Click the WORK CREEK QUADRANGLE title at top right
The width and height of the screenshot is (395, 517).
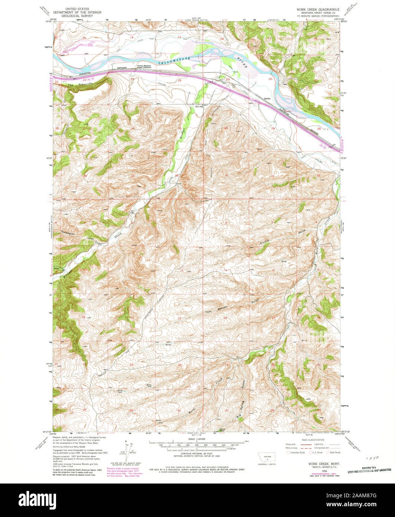tap(317, 8)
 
